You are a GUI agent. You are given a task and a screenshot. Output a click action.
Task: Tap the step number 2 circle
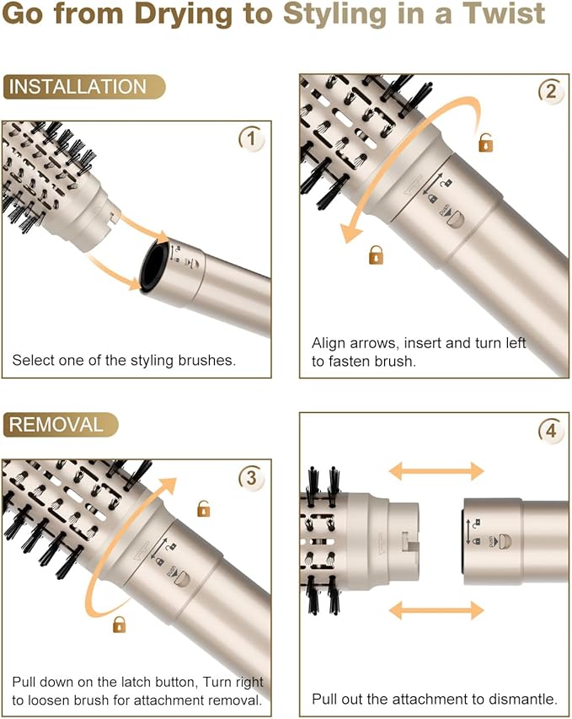coord(551,92)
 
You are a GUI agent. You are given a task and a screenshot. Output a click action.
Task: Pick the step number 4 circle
coord(551,432)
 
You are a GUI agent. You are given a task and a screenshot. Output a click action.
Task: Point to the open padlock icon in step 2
coord(485,142)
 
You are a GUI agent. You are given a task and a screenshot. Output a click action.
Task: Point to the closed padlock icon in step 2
coord(376,255)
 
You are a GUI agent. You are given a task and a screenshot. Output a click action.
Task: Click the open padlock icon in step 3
coord(203,508)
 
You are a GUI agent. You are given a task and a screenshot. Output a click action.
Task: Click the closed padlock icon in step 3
coord(119,625)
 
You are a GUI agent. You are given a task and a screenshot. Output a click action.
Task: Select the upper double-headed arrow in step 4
coord(436,471)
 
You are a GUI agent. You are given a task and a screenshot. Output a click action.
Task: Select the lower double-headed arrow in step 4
coord(436,609)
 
